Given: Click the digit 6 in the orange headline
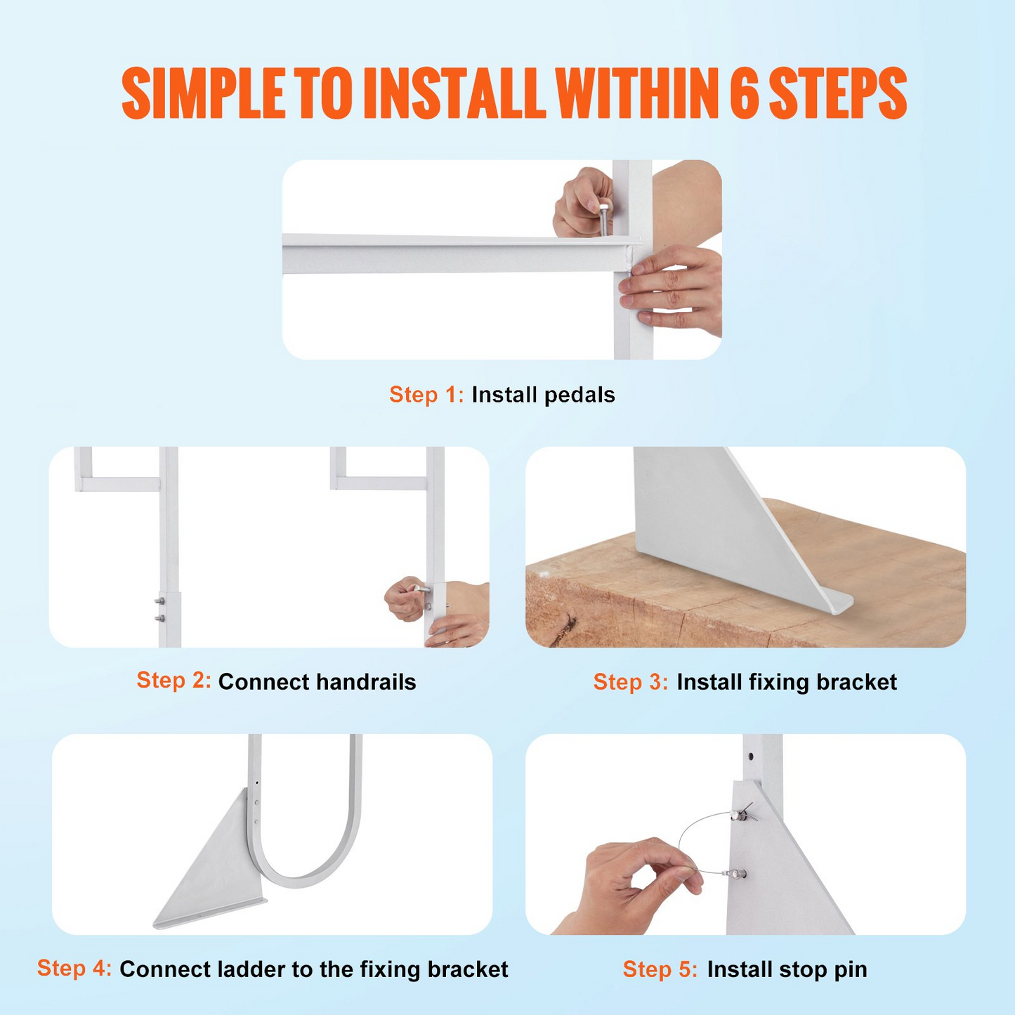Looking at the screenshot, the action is click(x=744, y=93).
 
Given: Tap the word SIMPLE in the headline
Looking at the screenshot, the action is click(x=203, y=93).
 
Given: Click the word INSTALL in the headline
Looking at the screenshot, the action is click(x=454, y=93).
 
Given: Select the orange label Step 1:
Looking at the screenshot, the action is click(x=426, y=395).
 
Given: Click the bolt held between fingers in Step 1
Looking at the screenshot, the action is click(x=603, y=217).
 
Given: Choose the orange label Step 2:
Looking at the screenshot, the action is click(x=173, y=680).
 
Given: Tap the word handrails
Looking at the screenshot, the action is click(x=366, y=681).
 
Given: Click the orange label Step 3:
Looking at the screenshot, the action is click(x=631, y=681).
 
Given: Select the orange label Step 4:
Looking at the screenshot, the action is click(x=74, y=968).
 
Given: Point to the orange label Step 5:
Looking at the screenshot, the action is click(x=660, y=969).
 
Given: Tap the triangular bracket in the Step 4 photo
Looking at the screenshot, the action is click(x=211, y=869).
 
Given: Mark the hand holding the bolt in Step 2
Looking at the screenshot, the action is click(x=405, y=598).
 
